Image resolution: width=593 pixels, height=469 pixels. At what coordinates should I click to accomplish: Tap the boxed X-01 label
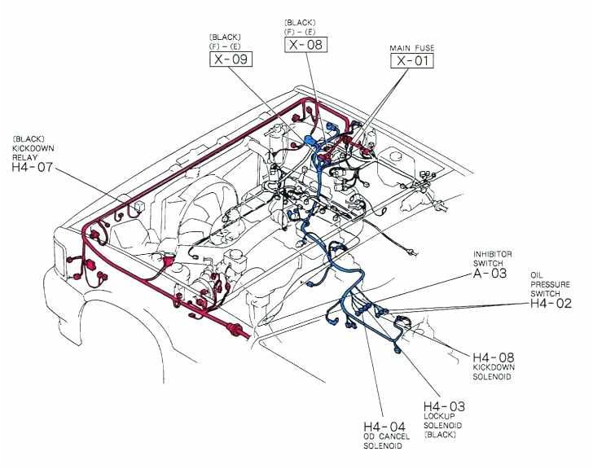pyautogui.click(x=412, y=61)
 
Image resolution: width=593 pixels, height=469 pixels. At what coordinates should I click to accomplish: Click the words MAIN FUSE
pyautogui.click(x=412, y=49)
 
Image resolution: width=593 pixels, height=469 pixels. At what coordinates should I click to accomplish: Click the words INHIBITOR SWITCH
pyautogui.click(x=492, y=258)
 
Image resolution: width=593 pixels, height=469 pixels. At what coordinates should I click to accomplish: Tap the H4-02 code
pyautogui.click(x=551, y=303)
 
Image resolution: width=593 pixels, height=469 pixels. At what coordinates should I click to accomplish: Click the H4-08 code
pyautogui.click(x=493, y=357)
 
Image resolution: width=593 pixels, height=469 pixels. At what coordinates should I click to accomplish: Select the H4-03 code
pyautogui.click(x=444, y=406)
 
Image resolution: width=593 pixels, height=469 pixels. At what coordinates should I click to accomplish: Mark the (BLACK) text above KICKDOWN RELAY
pyautogui.click(x=29, y=138)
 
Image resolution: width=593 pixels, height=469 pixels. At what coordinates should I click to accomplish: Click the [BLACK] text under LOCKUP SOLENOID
pyautogui.click(x=441, y=436)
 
